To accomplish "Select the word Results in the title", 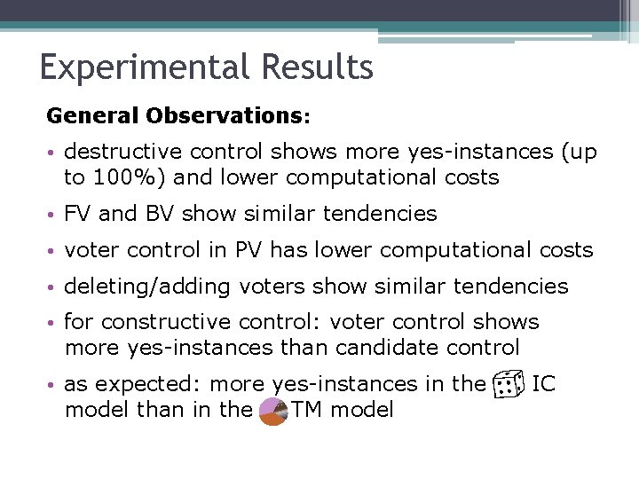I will click(320, 68).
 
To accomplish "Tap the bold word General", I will click(93, 116).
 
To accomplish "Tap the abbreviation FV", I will click(78, 214).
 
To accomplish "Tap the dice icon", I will click(509, 384).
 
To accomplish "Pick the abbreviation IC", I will click(544, 384).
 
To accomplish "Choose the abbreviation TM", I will click(307, 410).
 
